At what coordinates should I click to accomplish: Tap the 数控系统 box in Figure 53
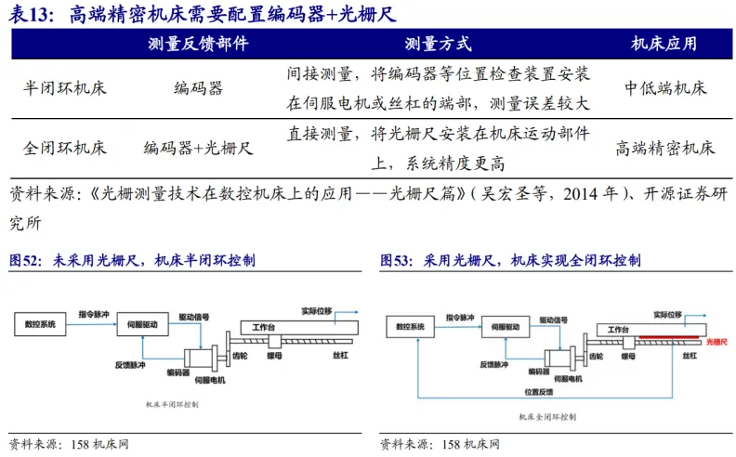[x=410, y=327]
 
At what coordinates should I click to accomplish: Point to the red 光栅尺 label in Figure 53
[x=717, y=342]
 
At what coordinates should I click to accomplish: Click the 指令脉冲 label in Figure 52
[x=94, y=314]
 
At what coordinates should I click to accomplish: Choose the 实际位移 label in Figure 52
[x=316, y=309]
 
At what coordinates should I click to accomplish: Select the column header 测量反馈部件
[x=198, y=44]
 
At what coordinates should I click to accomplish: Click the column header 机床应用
[x=664, y=44]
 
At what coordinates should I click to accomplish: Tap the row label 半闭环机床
[x=64, y=88]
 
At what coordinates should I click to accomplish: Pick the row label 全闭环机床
[x=64, y=148]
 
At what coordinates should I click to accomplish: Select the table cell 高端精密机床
[x=665, y=148]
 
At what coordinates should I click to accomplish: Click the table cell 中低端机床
[x=665, y=88]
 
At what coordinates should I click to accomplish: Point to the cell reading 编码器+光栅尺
[x=198, y=148]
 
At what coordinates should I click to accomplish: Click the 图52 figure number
[x=25, y=261]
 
